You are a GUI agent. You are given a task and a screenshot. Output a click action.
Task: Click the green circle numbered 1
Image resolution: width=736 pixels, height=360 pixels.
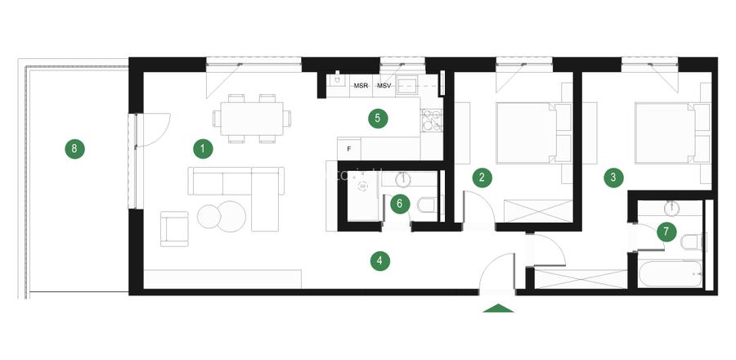point(203,149)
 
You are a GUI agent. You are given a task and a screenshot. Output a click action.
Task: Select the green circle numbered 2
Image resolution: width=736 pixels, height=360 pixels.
point(482,178)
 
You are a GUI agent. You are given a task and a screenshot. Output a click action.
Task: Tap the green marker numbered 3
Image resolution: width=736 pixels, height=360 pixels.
point(613,178)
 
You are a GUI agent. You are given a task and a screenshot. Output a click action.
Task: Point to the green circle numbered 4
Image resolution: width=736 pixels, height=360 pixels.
point(380,261)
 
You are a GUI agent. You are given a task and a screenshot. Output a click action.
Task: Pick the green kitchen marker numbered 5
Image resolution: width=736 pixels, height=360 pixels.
point(378,119)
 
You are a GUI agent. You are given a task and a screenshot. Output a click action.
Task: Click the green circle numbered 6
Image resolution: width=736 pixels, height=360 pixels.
point(400,205)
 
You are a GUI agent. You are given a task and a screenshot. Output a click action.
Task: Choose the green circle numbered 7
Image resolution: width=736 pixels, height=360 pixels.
point(666,232)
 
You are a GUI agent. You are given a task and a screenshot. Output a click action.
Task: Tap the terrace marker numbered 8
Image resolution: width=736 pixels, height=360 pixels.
point(74,149)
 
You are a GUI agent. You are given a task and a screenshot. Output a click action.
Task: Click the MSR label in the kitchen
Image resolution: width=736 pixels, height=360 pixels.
point(361,86)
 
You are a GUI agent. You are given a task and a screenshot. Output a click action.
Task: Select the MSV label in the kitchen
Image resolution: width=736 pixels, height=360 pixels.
point(384,86)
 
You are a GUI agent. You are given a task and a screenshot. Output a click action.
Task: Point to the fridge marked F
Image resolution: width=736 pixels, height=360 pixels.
point(348,149)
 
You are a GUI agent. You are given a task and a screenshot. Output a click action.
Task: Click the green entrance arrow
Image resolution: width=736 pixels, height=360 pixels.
point(498,308)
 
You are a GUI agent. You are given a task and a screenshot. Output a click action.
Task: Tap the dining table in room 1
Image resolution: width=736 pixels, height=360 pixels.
point(252,119)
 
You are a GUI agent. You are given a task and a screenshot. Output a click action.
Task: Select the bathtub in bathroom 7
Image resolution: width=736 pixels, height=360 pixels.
point(671,273)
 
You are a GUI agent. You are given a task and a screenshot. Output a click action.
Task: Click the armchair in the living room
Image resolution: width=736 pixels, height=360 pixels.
point(174,228)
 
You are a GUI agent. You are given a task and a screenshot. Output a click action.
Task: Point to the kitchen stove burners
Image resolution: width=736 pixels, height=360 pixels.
point(432,120)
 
